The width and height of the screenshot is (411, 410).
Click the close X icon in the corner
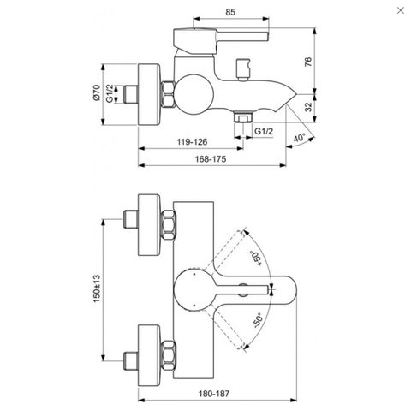pos(401,10)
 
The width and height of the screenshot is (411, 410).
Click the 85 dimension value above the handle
pos(230,12)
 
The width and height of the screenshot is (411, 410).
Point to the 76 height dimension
pos(308,62)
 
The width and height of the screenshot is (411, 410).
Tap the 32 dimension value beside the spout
pos(308,107)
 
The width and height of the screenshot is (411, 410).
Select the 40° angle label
pos(300,138)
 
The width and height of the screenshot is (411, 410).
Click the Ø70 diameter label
pos(97,92)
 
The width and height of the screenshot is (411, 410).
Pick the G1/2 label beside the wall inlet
pos(110,93)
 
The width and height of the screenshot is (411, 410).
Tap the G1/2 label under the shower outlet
pos(264,131)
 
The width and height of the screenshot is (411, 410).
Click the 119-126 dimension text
pos(192,142)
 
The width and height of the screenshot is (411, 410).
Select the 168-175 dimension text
pos(211,159)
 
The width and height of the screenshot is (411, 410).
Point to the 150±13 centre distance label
pos(97,288)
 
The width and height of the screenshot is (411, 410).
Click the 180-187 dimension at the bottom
pos(214,394)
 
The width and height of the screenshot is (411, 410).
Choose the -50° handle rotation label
pos(257,321)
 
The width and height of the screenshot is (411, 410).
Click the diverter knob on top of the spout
pos(243,69)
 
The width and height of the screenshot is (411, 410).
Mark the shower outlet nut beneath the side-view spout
pos(243,116)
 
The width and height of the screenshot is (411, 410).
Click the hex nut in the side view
pos(168,94)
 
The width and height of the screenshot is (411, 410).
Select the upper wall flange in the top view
pos(149,225)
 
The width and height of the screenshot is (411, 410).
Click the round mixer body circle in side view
pos(194,94)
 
